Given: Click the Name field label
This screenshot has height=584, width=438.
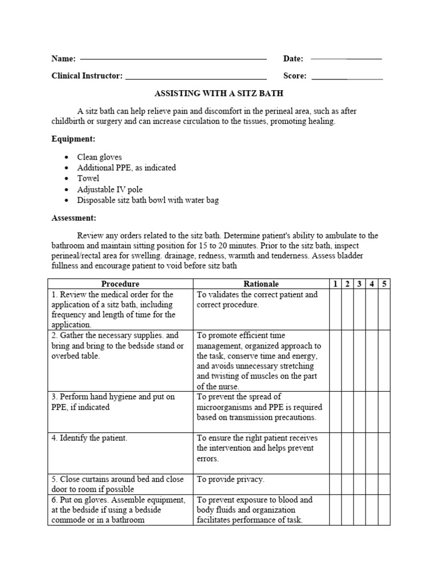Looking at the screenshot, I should [x=63, y=59].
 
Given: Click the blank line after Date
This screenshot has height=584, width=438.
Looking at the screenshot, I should [x=346, y=59].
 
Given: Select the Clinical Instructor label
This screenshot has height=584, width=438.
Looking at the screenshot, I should [x=87, y=75].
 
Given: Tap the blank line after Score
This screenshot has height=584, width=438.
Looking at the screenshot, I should [x=347, y=76].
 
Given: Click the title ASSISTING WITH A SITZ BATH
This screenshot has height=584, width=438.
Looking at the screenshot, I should [x=219, y=92].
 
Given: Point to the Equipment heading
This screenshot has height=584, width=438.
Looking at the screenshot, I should [x=73, y=139].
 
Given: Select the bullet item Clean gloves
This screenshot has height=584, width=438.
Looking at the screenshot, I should [x=100, y=157].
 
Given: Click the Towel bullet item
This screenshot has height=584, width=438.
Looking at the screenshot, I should [x=88, y=179].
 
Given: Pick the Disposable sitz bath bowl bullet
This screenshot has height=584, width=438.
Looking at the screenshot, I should [x=148, y=200].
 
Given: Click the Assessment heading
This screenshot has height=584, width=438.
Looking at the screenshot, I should [x=74, y=218].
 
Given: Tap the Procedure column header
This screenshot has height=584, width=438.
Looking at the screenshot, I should [x=120, y=283].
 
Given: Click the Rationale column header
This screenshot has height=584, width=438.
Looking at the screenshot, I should [x=261, y=283].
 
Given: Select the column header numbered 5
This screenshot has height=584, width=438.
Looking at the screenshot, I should [x=384, y=283].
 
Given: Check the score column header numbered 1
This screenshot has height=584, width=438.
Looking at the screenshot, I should [x=335, y=283].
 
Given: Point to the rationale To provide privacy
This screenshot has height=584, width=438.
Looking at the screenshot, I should [x=230, y=479].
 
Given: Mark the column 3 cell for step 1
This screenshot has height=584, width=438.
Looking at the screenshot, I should [x=360, y=309].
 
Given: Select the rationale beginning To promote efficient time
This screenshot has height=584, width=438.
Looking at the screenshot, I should [x=258, y=360].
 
